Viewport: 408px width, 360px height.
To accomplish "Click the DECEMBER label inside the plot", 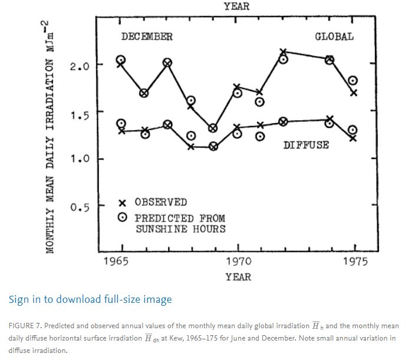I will (147, 37).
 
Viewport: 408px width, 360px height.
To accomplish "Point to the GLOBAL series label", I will (334, 37).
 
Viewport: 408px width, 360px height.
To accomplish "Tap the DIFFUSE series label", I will (306, 144).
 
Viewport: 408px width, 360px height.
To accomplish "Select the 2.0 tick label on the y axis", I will (79, 65).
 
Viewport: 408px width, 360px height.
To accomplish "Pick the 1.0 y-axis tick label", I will (79, 160).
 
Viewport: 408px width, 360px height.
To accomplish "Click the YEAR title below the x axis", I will (238, 276).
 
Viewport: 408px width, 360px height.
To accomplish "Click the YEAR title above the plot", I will (236, 6).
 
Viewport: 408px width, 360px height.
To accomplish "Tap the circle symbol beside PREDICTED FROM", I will (122, 217).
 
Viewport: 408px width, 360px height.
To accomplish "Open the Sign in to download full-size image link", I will (90, 299).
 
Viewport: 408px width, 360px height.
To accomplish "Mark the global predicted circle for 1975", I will (353, 81).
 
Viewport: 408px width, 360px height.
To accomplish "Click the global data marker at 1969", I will (213, 128).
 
